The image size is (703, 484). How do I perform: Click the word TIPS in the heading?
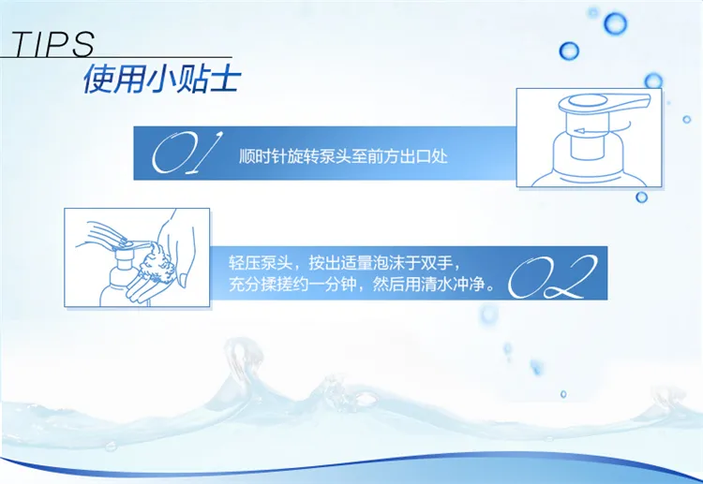point(52,44)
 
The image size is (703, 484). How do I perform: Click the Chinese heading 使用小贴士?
point(162,79)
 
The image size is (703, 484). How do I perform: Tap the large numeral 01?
point(187,153)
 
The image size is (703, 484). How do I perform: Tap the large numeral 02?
point(552,277)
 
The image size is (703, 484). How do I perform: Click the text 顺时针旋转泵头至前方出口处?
point(343,156)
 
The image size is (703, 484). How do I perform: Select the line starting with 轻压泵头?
point(345,263)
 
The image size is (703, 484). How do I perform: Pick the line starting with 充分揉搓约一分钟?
point(362,284)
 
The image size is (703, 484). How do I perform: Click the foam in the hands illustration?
point(157,263)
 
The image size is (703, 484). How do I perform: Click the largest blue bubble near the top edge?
point(615,23)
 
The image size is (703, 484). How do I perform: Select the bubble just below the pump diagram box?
point(641,197)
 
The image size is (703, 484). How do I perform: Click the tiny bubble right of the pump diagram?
point(686,119)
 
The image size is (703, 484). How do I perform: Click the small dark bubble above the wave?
point(563,394)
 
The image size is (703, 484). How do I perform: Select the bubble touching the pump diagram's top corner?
point(653,81)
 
